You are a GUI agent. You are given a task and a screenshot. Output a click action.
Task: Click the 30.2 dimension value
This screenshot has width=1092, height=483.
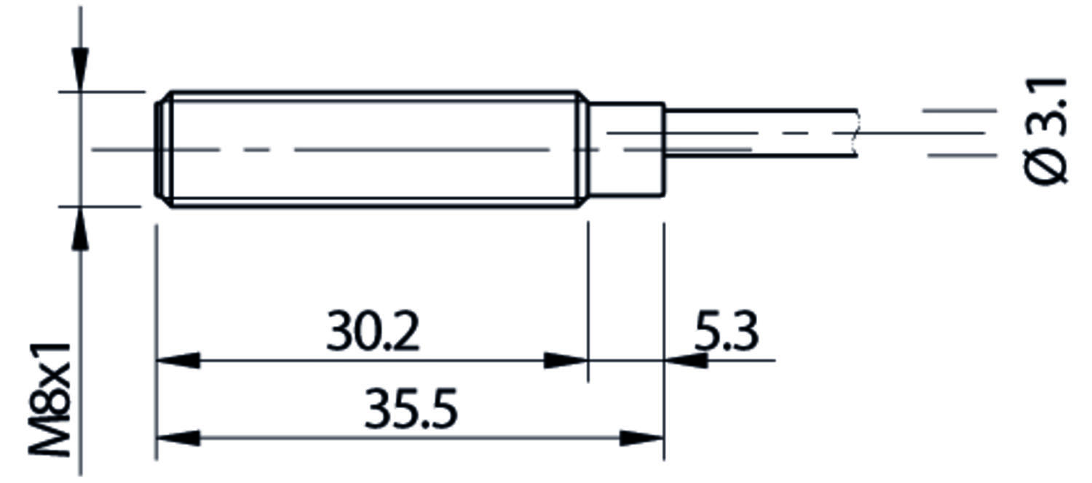pyautogui.click(x=373, y=332)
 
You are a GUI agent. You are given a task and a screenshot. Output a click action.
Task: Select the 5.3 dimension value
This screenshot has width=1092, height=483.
pyautogui.click(x=725, y=332)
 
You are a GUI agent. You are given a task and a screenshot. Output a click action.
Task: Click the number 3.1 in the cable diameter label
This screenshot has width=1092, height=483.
pyautogui.click(x=1046, y=105)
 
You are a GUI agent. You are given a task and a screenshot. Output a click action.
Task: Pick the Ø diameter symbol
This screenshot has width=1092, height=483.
pyautogui.click(x=1046, y=164)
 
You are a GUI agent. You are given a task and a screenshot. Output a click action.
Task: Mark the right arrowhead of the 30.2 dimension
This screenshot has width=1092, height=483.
pyautogui.click(x=566, y=360)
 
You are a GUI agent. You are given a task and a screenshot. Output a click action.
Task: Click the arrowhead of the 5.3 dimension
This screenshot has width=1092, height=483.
pyautogui.click(x=684, y=360)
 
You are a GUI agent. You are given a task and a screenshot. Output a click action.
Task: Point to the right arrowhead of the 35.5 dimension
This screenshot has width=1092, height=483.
pyautogui.click(x=642, y=438)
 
